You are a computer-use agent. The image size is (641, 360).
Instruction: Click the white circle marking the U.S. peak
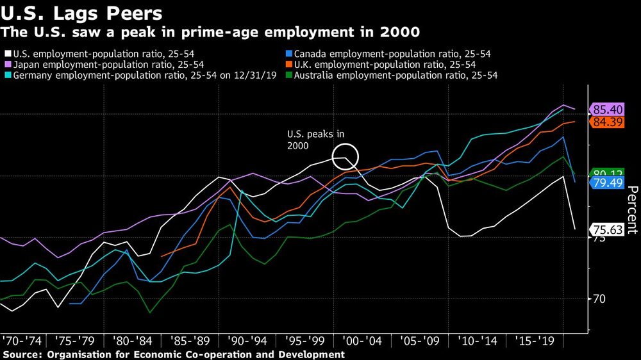[x=345, y=156]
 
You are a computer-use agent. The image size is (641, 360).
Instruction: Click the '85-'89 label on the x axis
[x=190, y=340]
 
